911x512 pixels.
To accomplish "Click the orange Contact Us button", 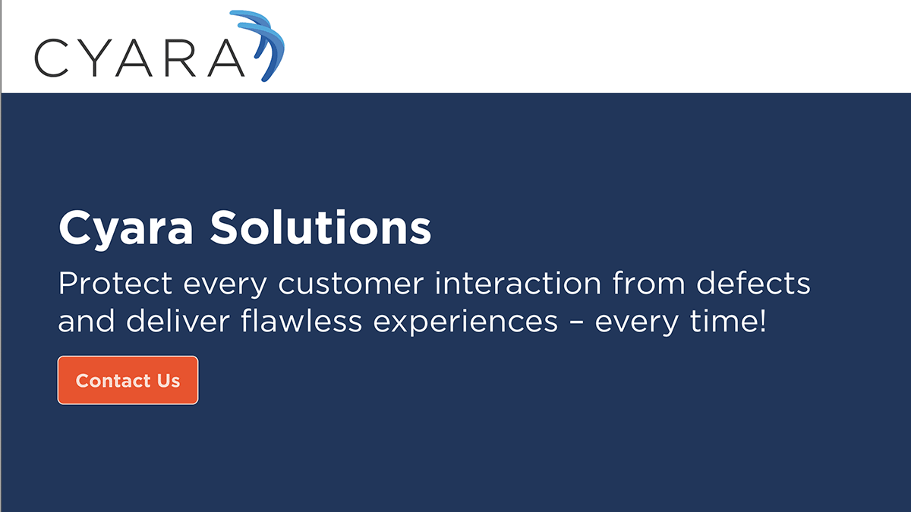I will [128, 380].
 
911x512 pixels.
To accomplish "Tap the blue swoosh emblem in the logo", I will [261, 42].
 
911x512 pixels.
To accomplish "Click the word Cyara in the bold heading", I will [125, 227].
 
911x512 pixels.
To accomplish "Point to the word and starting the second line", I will [86, 322].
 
